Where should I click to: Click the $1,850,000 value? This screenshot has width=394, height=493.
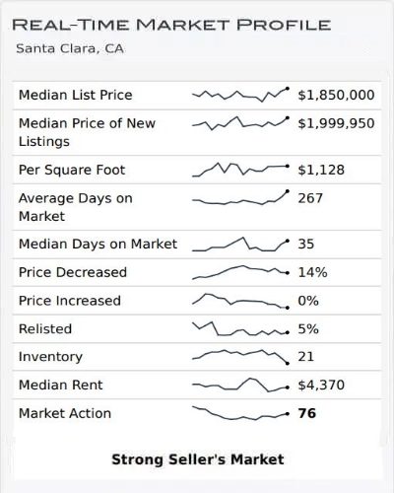pos(336,95)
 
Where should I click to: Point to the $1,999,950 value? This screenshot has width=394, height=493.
pos(336,122)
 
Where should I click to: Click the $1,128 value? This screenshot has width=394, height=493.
pos(321,170)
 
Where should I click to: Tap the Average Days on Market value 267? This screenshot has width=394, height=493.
pos(310,198)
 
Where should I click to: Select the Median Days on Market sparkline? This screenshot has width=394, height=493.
pos(241,244)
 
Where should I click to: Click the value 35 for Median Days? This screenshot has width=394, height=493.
pos(306,244)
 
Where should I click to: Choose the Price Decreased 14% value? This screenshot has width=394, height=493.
pos(312,272)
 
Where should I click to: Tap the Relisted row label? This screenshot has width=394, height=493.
pos(45,328)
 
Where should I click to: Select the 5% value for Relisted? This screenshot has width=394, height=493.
pos(308,328)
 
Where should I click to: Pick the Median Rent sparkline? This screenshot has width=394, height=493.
pos(241,385)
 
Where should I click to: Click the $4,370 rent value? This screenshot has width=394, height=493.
pos(321,385)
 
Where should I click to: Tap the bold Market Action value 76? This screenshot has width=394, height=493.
pos(306,413)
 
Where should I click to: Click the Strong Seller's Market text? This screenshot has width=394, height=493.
pos(197,459)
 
